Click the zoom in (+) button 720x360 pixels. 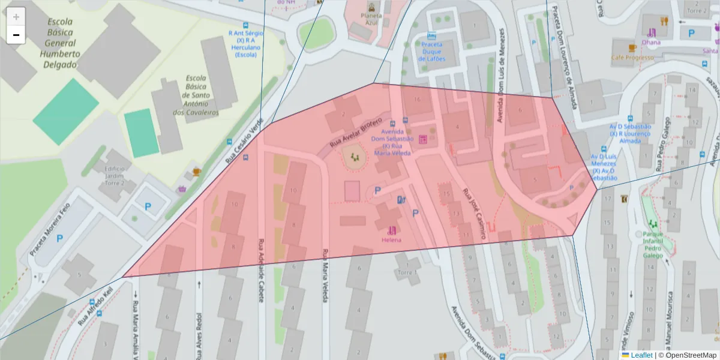click(16, 17)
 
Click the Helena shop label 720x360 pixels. click(391, 240)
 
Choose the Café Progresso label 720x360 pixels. click(632, 58)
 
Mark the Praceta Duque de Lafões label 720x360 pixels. click(431, 55)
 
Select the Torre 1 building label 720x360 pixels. click(406, 273)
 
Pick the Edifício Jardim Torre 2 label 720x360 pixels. click(113, 176)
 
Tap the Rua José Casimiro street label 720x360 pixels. click(473, 215)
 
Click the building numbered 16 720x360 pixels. click(417, 99)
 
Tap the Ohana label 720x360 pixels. click(650, 42)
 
